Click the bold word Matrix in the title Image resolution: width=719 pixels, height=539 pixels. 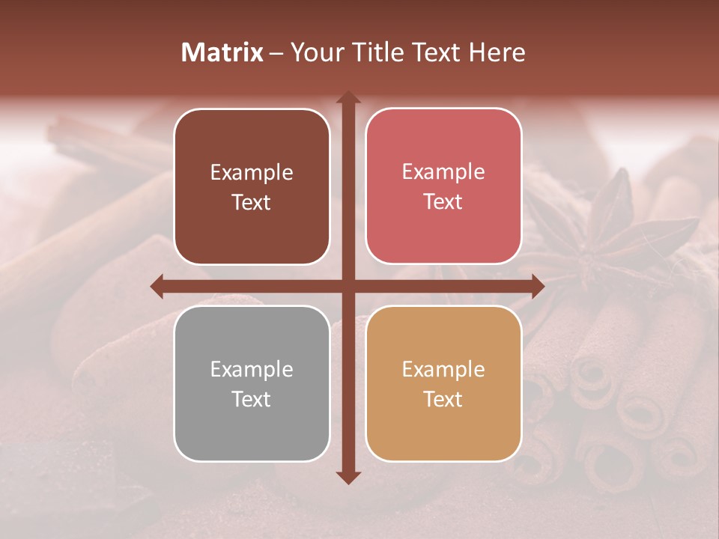point(222,52)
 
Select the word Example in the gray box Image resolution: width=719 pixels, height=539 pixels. point(252,369)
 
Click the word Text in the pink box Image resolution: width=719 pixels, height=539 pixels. point(443,202)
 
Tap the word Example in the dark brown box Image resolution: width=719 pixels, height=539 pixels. point(252,173)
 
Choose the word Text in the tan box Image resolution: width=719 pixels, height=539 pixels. point(443,400)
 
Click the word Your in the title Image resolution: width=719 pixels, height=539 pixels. point(313,52)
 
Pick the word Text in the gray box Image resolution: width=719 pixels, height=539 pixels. point(252,400)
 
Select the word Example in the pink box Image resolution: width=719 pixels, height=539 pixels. point(443,172)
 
